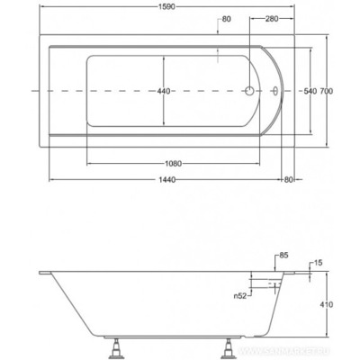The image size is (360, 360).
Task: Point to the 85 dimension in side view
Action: coord(283,256)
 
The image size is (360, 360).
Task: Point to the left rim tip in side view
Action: coord(46,273)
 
